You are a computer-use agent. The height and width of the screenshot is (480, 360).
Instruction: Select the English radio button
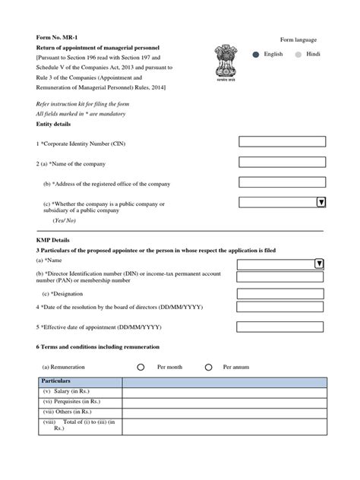(255, 55)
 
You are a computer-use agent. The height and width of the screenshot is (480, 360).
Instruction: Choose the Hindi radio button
(298, 55)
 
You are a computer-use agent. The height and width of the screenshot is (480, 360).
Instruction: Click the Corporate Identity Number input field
(282, 141)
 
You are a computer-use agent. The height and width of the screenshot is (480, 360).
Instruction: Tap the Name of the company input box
(282, 162)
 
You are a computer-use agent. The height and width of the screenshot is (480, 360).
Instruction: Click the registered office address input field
(282, 182)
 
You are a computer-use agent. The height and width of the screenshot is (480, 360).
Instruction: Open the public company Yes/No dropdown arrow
(321, 202)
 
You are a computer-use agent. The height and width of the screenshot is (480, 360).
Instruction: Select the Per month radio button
(141, 367)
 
